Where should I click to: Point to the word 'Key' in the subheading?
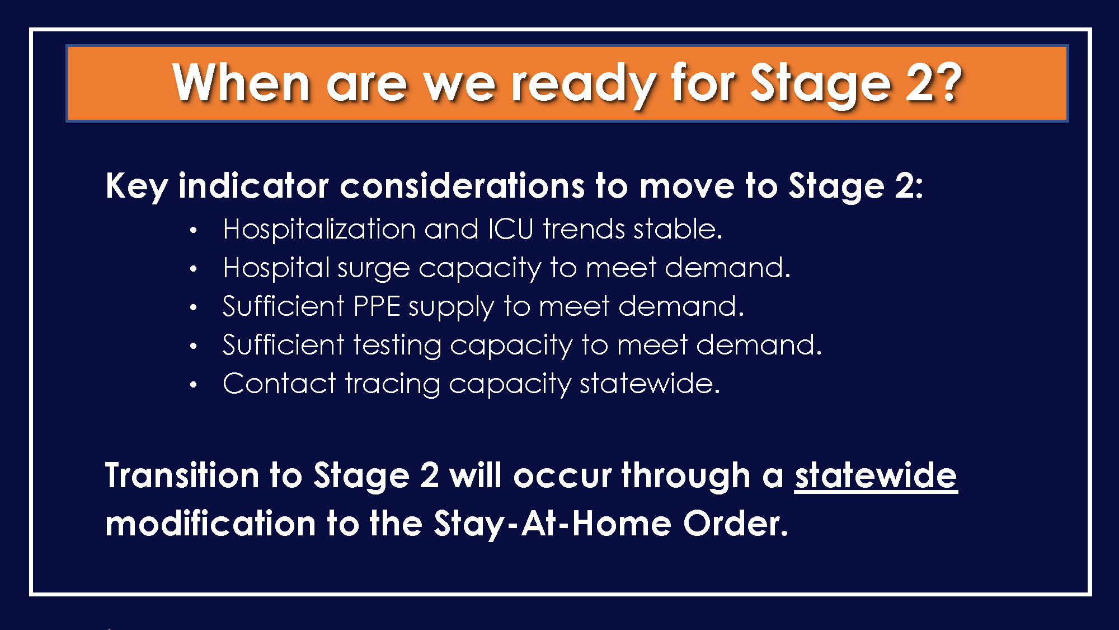click(x=137, y=186)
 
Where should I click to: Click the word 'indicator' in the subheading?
click(x=253, y=185)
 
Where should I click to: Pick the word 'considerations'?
click(x=462, y=185)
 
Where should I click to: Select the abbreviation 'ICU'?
click(x=511, y=228)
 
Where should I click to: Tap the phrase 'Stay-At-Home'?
click(x=552, y=524)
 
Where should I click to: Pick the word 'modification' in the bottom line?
click(x=210, y=523)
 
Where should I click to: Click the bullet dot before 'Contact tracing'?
click(x=193, y=385)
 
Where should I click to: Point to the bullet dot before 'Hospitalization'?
click(x=193, y=230)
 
